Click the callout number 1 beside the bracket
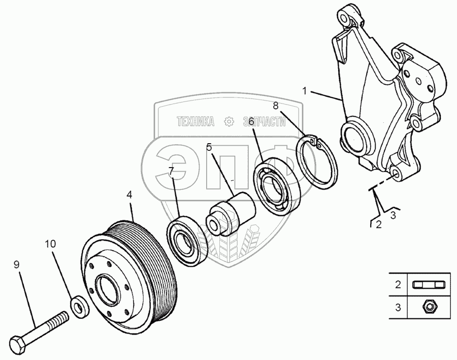pyautogui.click(x=304, y=91)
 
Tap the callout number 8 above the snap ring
pyautogui.click(x=276, y=106)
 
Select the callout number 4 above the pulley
pyautogui.click(x=129, y=194)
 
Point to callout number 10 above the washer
pyautogui.click(x=50, y=244)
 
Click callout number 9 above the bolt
pyautogui.click(x=16, y=265)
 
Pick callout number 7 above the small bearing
pyautogui.click(x=171, y=171)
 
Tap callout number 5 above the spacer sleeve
pyautogui.click(x=209, y=147)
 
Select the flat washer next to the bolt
pyautogui.click(x=79, y=307)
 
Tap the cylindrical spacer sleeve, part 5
pyautogui.click(x=231, y=214)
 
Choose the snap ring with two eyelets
pyautogui.click(x=317, y=162)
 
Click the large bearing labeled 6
pyautogui.click(x=276, y=187)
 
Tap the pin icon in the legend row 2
pyautogui.click(x=428, y=284)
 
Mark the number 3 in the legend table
pyautogui.click(x=398, y=308)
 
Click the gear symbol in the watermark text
pyautogui.click(x=230, y=121)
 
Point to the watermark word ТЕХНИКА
pyautogui.click(x=195, y=121)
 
